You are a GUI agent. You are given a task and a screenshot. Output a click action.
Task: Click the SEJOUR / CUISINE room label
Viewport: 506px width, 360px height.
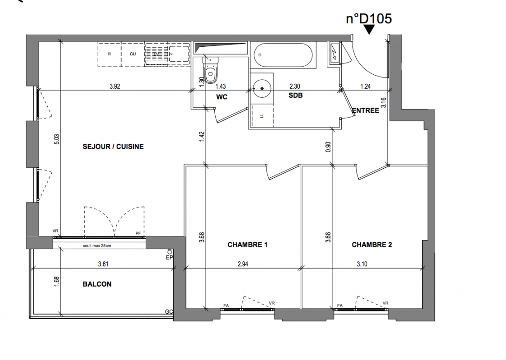click(x=113, y=146)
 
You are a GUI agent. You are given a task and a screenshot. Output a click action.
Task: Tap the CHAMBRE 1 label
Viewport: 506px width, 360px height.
click(x=247, y=245)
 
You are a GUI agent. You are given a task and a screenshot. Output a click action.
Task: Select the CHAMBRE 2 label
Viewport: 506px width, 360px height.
click(x=372, y=245)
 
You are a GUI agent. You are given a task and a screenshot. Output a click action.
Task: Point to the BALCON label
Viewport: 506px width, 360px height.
click(x=97, y=284)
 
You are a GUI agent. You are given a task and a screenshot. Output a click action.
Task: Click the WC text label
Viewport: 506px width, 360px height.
click(x=221, y=97)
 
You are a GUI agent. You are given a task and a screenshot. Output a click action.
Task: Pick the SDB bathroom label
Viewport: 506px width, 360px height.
click(x=296, y=95)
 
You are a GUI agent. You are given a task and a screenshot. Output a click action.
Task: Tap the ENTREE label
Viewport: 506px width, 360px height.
click(x=366, y=111)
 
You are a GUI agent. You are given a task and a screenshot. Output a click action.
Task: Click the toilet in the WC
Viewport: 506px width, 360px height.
click(x=211, y=71)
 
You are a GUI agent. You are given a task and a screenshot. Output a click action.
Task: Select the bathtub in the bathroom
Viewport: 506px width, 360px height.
click(x=283, y=55)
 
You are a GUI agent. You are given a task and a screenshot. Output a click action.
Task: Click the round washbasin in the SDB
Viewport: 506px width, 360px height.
click(x=262, y=88)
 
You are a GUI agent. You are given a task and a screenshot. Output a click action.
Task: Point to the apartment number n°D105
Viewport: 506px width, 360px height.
click(x=369, y=19)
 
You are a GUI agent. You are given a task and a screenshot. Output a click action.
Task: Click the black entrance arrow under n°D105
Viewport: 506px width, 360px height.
click(x=369, y=30)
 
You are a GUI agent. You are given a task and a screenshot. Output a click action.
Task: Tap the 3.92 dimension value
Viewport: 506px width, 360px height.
click(x=114, y=86)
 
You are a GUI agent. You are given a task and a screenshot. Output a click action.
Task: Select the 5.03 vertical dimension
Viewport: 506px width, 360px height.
click(x=57, y=139)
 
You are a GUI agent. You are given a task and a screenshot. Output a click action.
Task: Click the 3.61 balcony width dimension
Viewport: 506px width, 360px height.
click(x=103, y=264)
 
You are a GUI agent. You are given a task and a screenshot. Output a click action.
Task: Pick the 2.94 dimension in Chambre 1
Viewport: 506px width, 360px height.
click(x=243, y=264)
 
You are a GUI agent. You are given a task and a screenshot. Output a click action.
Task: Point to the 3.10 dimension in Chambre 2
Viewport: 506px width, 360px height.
click(x=362, y=264)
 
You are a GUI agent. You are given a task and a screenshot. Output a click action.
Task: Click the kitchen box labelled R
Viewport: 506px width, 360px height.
click(x=109, y=54)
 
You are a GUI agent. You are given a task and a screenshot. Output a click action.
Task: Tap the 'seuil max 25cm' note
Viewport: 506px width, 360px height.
click(x=97, y=246)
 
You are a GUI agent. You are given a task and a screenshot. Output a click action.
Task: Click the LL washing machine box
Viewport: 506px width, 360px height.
click(x=262, y=115)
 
